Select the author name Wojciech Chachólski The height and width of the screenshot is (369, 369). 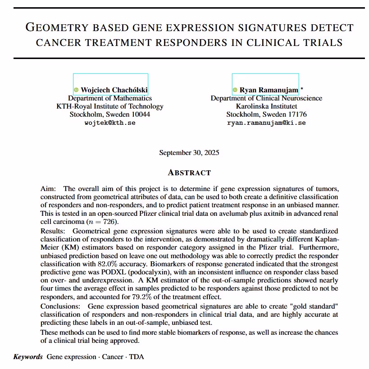114,90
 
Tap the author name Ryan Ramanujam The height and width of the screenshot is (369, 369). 269,90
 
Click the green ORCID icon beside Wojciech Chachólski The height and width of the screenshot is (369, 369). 76,90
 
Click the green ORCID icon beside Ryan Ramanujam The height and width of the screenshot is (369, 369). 235,90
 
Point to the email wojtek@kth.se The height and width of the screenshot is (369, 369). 110,123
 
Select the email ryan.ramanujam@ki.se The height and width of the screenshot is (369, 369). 266,123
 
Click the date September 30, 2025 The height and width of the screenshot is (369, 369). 189,153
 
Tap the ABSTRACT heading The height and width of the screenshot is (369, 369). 189,173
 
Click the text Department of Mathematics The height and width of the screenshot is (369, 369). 110,98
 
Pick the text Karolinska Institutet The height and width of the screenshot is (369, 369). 266,106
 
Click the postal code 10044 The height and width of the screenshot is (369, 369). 141,114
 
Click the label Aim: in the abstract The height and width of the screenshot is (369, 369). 48,188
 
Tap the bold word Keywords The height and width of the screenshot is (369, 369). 28,357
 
